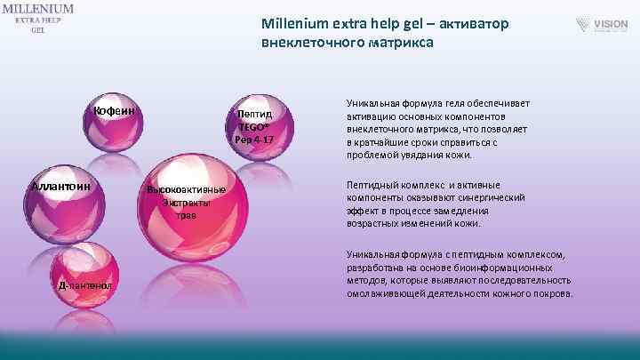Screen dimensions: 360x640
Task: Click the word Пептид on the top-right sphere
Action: point(252,114)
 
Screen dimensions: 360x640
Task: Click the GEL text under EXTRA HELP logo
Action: point(37,30)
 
